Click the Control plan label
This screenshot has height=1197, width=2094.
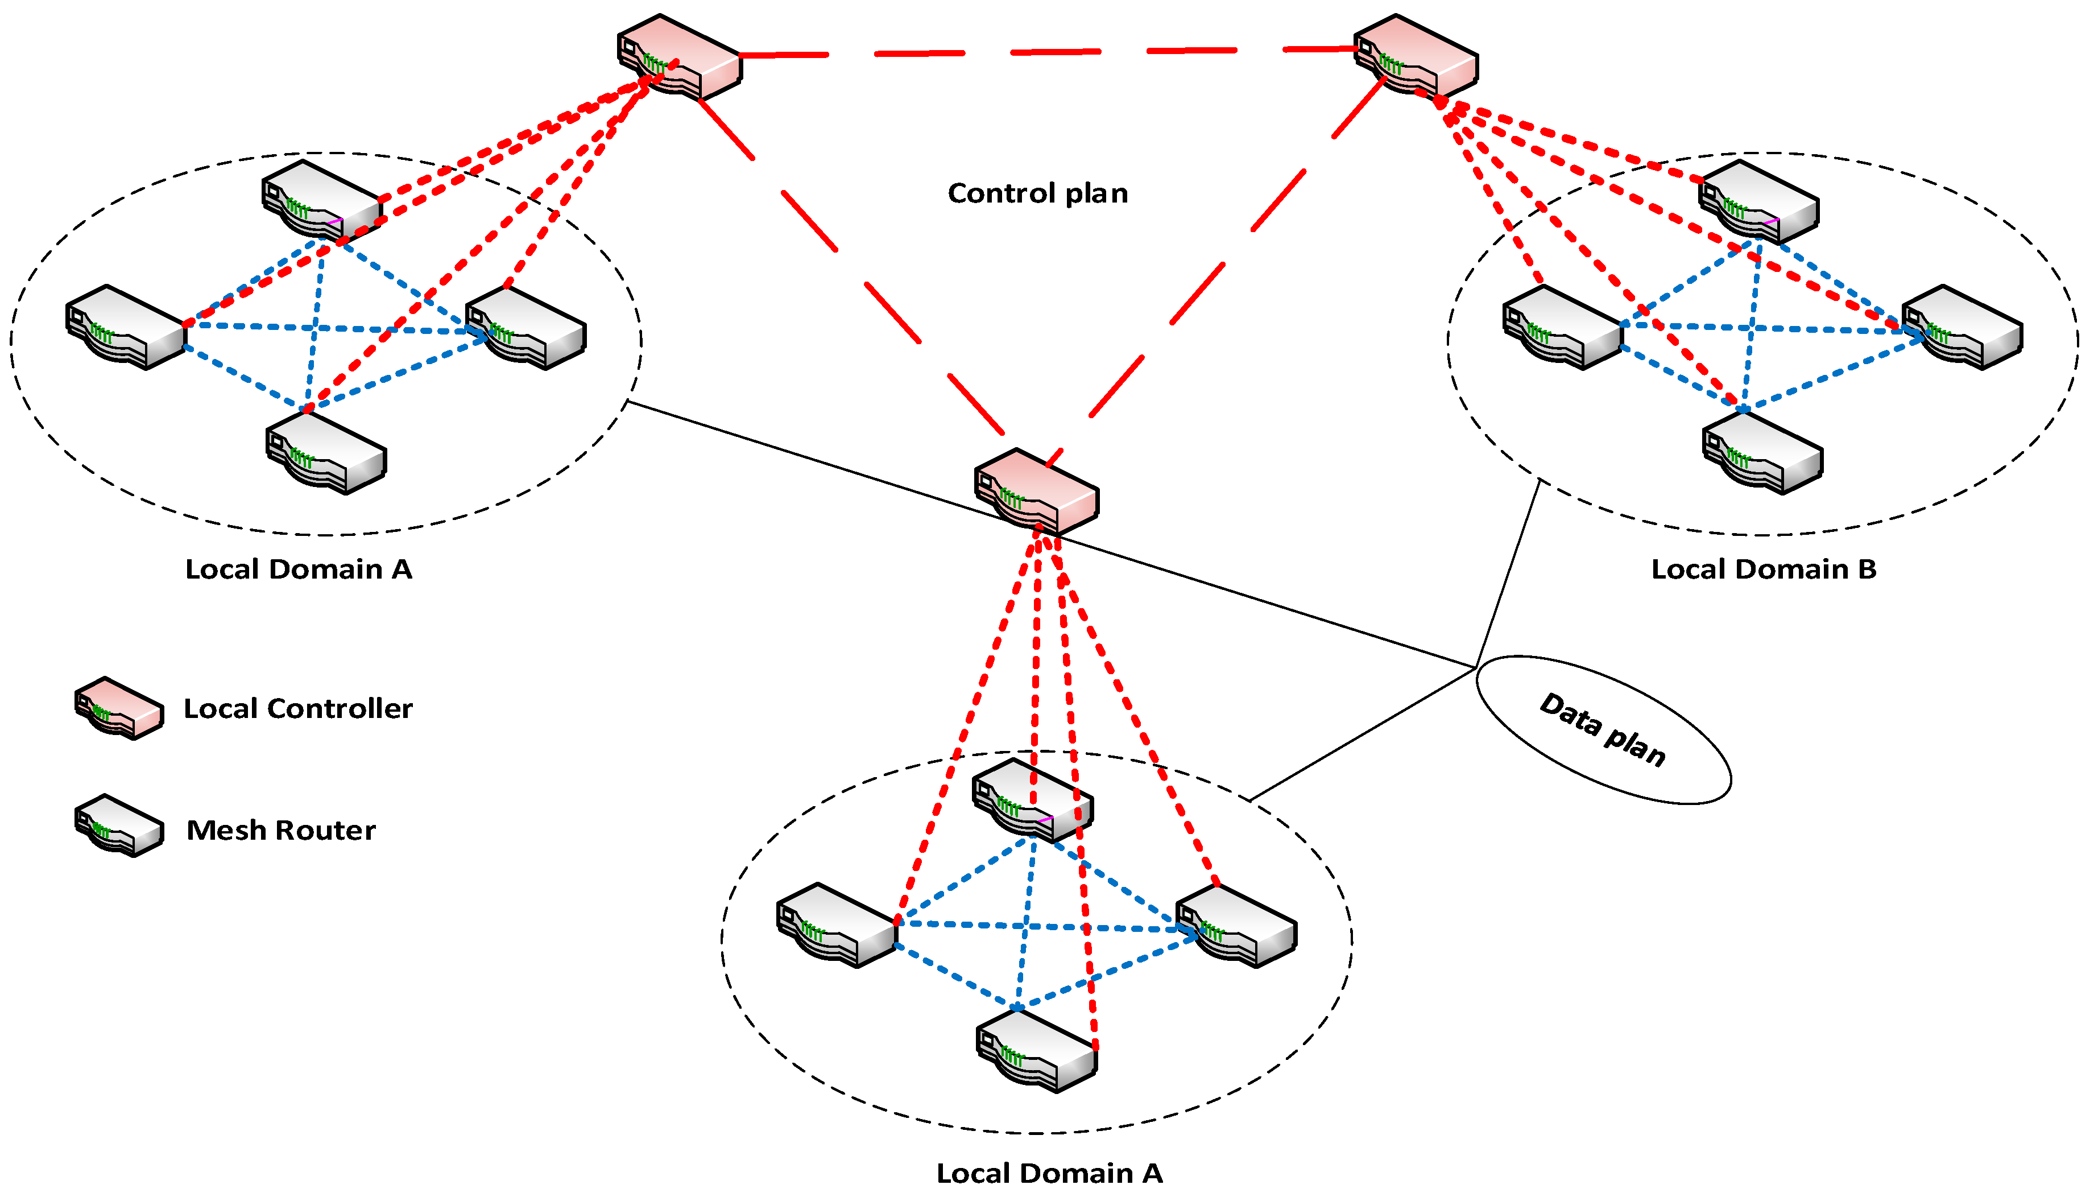(x=1037, y=194)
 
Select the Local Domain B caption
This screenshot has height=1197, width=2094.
(x=1764, y=569)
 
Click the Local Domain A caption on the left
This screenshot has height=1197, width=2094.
(x=299, y=569)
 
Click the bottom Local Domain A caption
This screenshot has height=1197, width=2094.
(x=1049, y=1173)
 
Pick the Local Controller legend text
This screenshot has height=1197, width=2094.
(x=297, y=709)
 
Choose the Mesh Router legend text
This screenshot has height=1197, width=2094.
(x=281, y=831)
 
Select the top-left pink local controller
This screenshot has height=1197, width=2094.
(x=679, y=56)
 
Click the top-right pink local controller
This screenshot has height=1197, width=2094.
(x=1415, y=56)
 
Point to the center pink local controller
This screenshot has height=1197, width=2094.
(x=1036, y=492)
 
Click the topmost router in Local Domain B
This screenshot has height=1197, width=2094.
(x=1758, y=201)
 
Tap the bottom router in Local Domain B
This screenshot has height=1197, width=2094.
(x=1762, y=453)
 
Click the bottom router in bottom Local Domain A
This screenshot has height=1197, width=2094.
(x=1036, y=1051)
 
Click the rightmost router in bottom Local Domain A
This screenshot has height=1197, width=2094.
(x=1236, y=926)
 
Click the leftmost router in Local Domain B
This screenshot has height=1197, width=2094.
(x=1562, y=327)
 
